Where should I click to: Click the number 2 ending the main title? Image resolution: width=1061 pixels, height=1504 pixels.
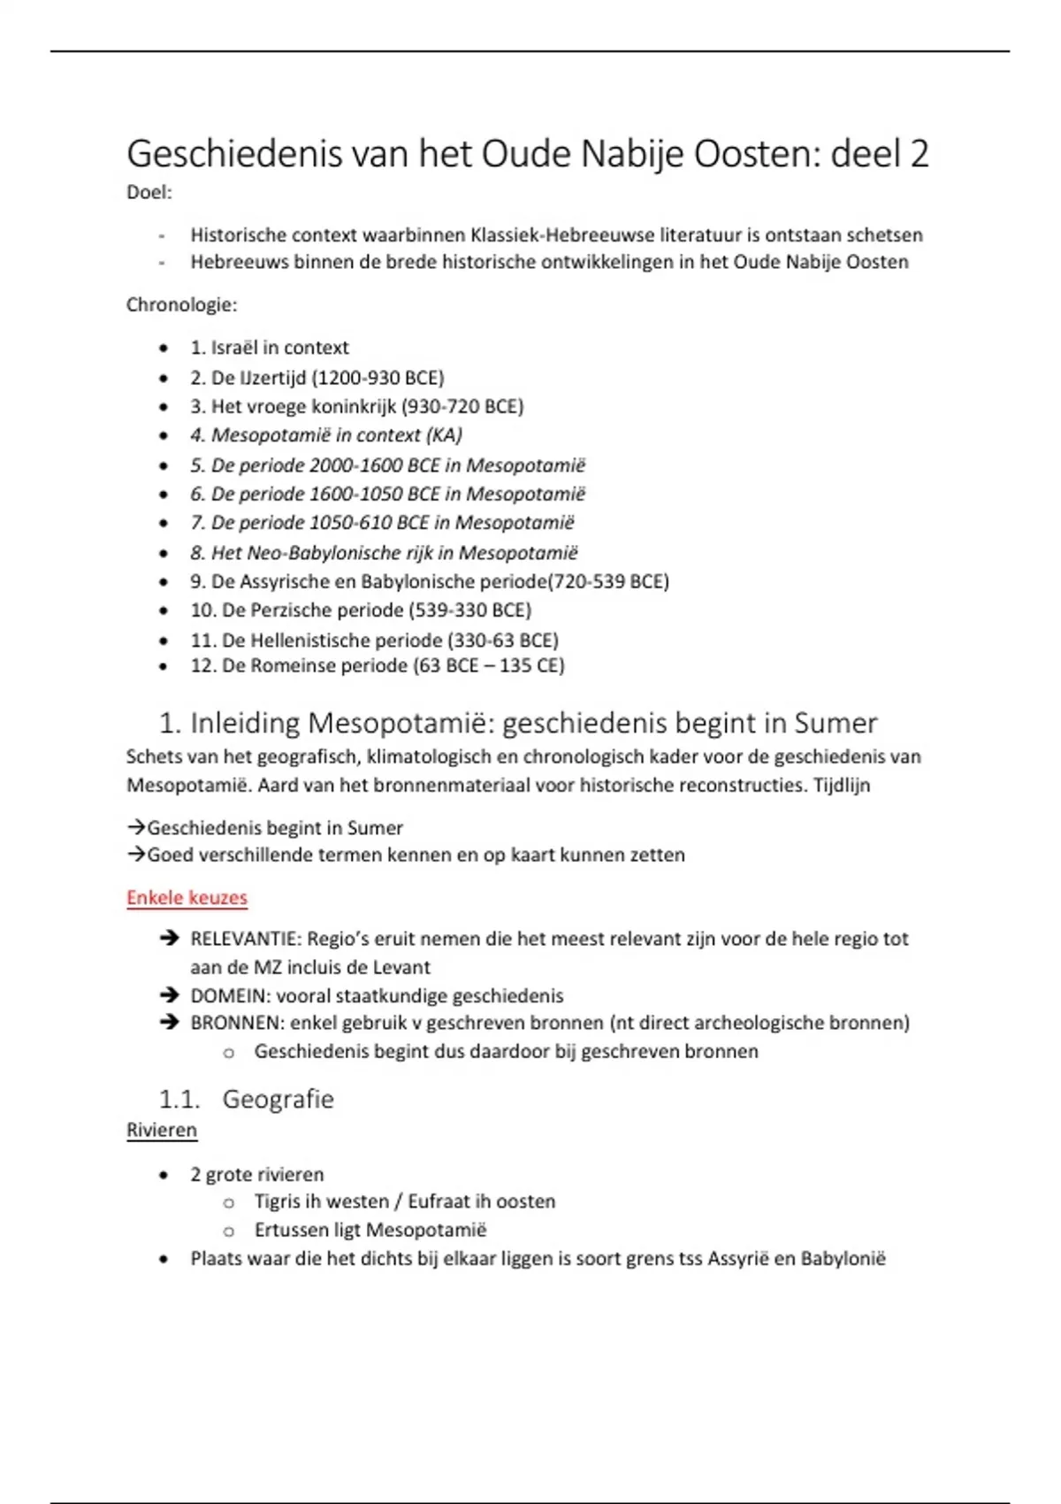(919, 155)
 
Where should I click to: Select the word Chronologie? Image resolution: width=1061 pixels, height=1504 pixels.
(180, 305)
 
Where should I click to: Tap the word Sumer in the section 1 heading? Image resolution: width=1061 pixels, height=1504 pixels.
(836, 724)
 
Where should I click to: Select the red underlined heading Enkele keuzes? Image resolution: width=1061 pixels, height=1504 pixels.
(187, 898)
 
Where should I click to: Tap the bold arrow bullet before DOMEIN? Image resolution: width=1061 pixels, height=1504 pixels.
(169, 995)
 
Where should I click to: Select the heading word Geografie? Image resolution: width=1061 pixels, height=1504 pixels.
(278, 1100)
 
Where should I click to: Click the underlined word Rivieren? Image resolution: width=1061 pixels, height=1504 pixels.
(162, 1131)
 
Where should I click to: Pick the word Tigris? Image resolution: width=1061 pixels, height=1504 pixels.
(278, 1201)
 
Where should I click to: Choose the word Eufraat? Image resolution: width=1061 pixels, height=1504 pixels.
(440, 1201)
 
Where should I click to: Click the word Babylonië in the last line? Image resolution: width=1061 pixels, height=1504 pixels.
(843, 1259)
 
